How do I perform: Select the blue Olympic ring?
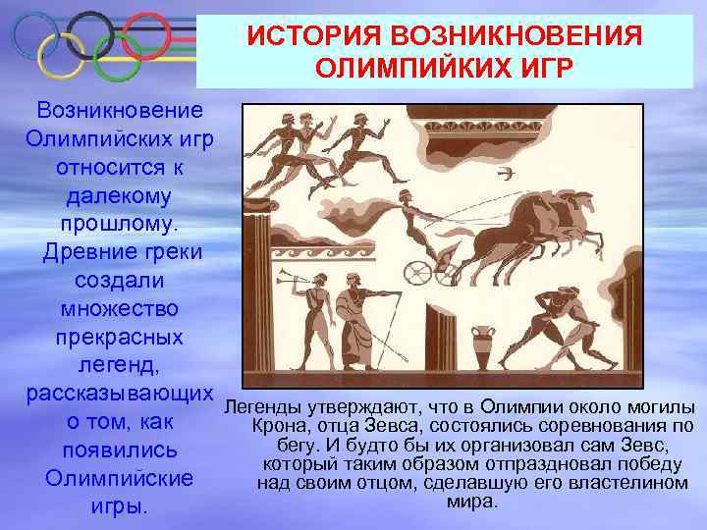pyautogui.click(x=31, y=34)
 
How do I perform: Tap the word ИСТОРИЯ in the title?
pyautogui.click(x=307, y=36)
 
